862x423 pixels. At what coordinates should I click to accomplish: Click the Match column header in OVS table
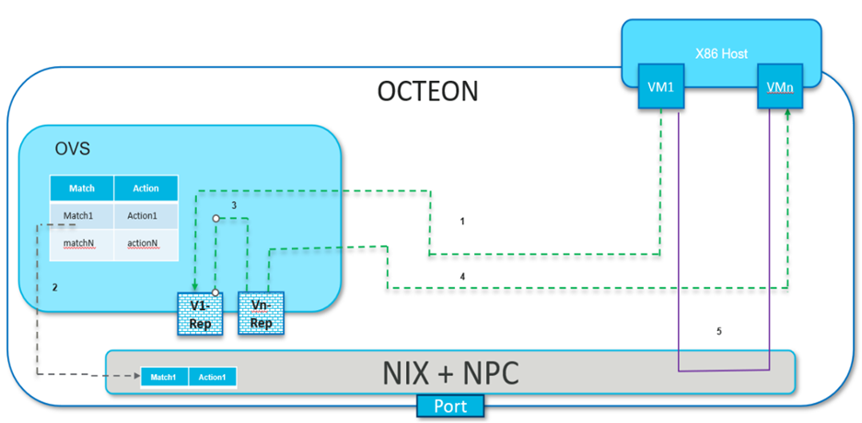tap(82, 188)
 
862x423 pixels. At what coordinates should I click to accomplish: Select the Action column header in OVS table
tap(146, 188)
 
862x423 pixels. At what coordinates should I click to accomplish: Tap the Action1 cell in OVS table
tap(146, 216)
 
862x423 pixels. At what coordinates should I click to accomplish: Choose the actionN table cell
tap(146, 245)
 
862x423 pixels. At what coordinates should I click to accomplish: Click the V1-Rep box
tap(200, 313)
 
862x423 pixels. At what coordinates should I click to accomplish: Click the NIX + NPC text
tap(450, 373)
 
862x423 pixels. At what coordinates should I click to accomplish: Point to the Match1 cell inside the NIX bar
tap(164, 377)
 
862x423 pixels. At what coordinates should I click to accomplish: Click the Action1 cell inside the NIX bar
tap(213, 377)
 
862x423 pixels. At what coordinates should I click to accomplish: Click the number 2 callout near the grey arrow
tap(54, 288)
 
